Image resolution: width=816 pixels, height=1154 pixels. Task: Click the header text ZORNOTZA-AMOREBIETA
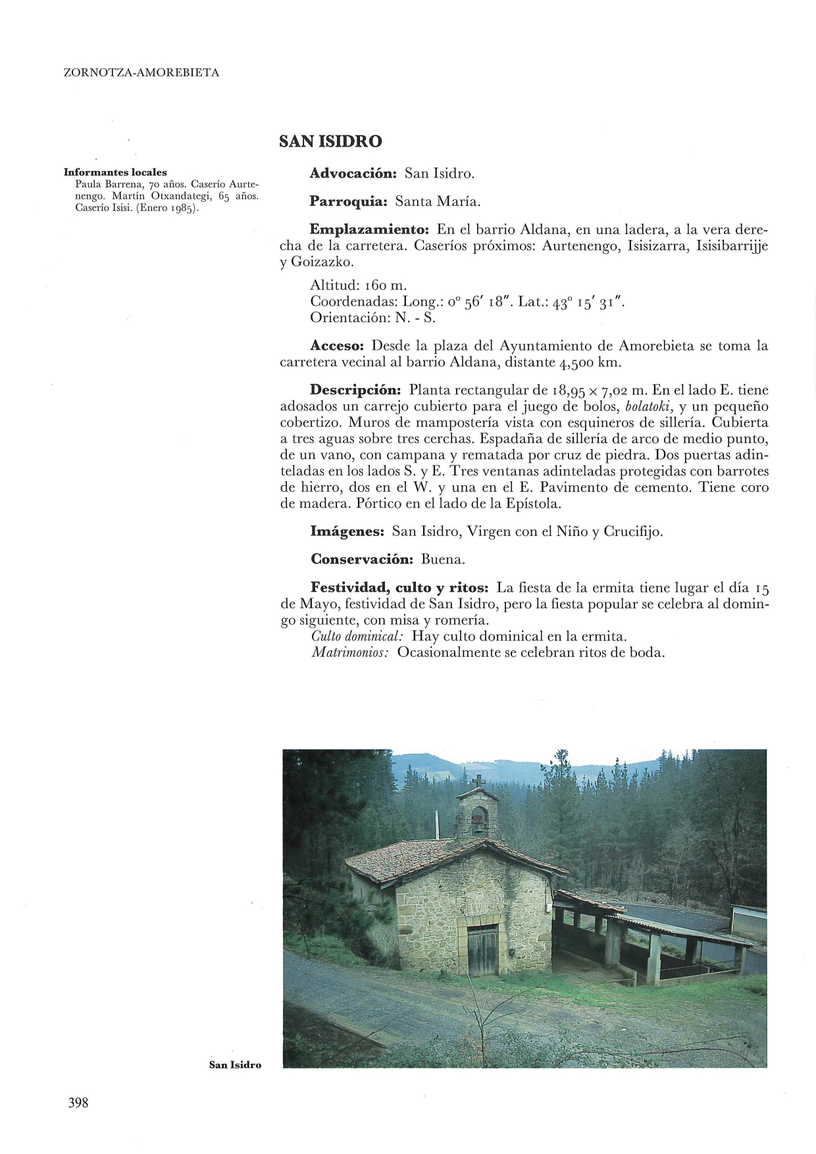pos(141,73)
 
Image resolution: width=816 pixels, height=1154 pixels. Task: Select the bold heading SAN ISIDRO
pos(330,141)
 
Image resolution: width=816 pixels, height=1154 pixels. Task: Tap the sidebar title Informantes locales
pos(115,172)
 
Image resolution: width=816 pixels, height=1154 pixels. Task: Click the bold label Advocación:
pos(353,174)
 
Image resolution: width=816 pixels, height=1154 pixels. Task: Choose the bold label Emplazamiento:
pos(369,230)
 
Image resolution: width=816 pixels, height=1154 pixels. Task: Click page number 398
pos(78,1103)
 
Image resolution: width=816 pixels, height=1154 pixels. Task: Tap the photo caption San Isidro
pos(235,1065)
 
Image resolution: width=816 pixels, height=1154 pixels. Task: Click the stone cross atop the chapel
pos(478,781)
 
